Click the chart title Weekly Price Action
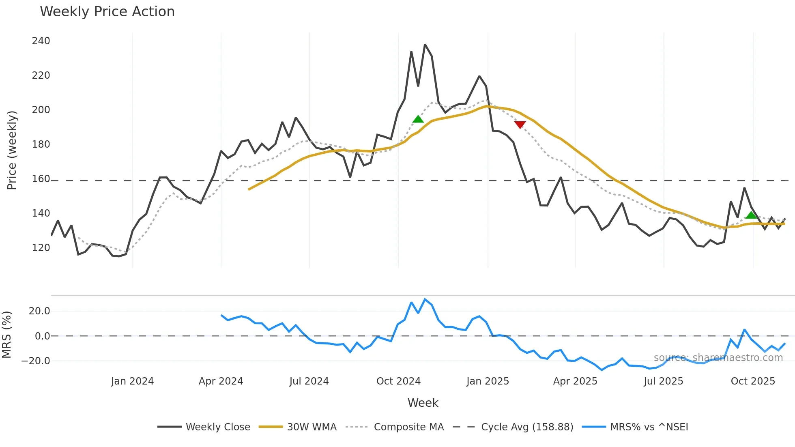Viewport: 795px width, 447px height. (x=107, y=12)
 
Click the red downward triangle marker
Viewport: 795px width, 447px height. (x=520, y=125)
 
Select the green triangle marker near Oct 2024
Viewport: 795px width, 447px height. (x=418, y=119)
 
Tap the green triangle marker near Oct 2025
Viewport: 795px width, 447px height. (x=751, y=215)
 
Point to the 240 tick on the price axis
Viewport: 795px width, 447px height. (x=41, y=41)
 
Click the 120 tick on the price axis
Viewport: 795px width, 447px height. (x=41, y=248)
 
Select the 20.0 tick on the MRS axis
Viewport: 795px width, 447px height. (x=39, y=311)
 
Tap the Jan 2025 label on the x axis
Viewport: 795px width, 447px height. (x=488, y=381)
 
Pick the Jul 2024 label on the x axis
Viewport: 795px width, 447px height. (x=309, y=381)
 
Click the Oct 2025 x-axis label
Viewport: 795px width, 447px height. (x=753, y=381)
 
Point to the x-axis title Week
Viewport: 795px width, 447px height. (x=423, y=403)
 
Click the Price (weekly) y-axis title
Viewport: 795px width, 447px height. (x=12, y=150)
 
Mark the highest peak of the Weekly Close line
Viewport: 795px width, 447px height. (x=425, y=45)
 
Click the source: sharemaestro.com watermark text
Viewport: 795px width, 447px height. (x=718, y=358)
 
